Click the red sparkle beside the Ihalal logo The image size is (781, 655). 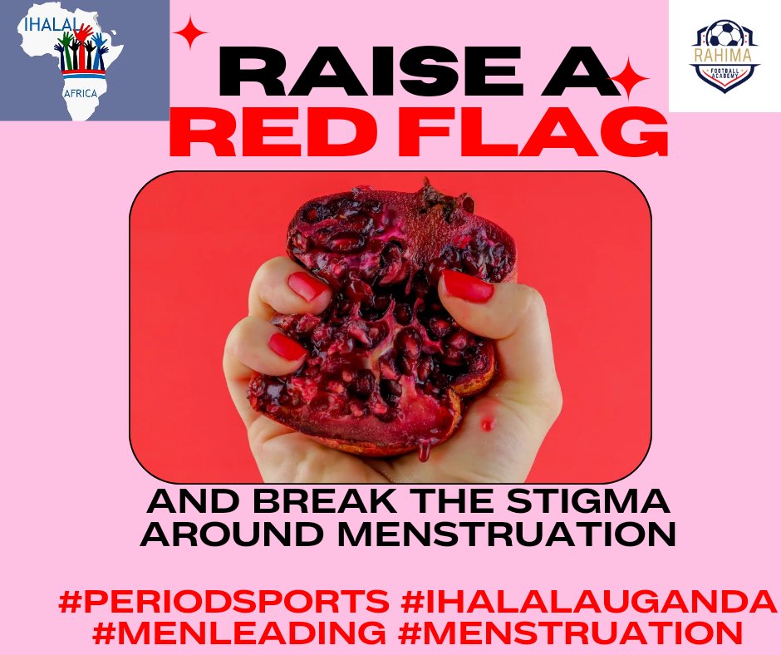[190, 36]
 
